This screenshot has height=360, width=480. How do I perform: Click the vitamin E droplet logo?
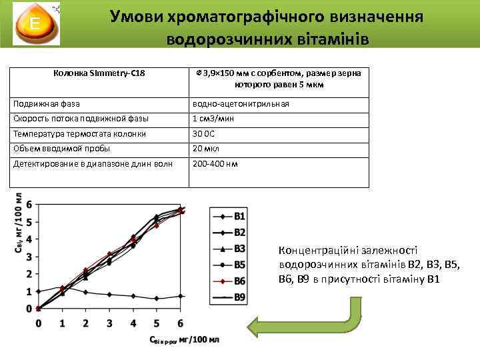tap(34, 25)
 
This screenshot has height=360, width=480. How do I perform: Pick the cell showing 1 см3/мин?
tap(209, 119)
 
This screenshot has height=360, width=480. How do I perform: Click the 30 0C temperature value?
tap(204, 134)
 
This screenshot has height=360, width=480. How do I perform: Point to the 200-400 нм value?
tap(215, 163)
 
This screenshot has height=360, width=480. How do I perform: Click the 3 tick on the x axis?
tap(109, 323)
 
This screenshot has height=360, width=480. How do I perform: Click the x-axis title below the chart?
tap(183, 341)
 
